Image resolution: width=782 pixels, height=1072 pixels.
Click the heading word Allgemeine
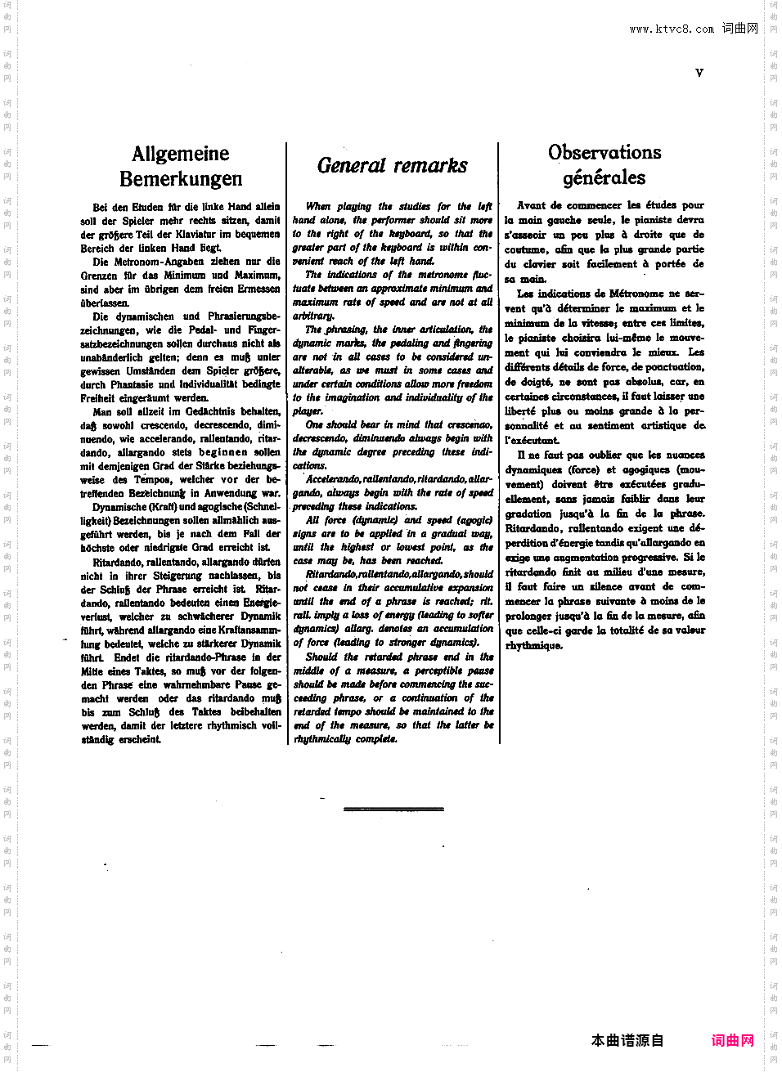[x=180, y=154]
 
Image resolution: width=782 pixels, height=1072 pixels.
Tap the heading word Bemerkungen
[x=181, y=179]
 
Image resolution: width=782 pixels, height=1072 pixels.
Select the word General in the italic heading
[x=351, y=165]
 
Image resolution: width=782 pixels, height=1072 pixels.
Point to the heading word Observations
[x=604, y=152]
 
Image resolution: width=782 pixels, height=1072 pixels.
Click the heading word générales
[x=604, y=177]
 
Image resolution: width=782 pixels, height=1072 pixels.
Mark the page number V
[x=699, y=73]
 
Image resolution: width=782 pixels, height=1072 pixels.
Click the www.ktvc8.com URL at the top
[x=672, y=29]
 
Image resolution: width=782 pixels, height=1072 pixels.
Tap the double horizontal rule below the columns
[x=393, y=809]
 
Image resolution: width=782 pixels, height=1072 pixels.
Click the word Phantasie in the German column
[x=132, y=384]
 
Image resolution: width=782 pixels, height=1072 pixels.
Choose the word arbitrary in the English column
[x=313, y=316]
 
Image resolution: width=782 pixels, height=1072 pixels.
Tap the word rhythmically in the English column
[x=322, y=739]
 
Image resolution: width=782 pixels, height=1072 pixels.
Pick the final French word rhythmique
[x=533, y=646]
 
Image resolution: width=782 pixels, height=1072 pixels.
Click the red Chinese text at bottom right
[x=732, y=1040]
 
